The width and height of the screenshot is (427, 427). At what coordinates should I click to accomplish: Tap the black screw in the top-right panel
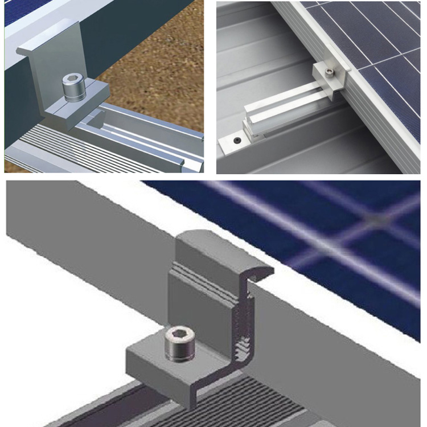pos(237,139)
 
